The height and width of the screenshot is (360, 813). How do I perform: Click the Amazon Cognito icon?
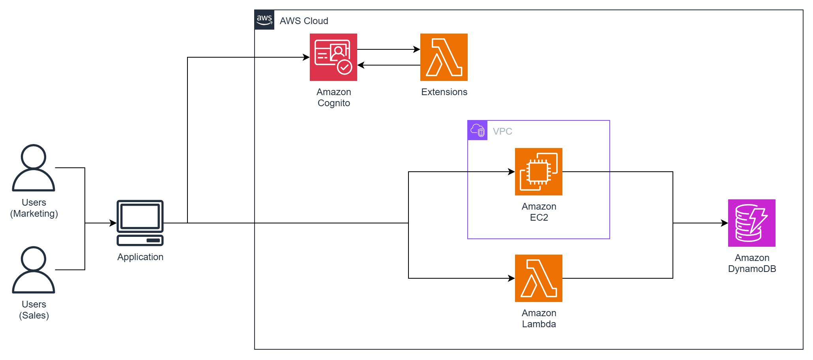click(333, 57)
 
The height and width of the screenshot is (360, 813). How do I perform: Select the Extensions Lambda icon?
click(444, 57)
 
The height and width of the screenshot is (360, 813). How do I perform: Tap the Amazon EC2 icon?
click(539, 172)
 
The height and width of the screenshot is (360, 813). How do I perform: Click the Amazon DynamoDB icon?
click(752, 223)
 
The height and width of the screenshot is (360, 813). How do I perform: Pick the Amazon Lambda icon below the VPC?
click(539, 278)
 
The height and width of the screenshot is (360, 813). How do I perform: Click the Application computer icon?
click(140, 223)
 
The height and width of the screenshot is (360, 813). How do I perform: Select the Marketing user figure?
click(34, 168)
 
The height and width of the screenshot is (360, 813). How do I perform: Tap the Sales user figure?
click(34, 270)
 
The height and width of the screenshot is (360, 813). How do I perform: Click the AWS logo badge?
click(264, 20)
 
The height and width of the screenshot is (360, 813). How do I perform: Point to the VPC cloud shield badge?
click(478, 130)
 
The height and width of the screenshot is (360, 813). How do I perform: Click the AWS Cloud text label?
click(304, 21)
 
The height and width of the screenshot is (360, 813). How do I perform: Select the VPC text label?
click(502, 131)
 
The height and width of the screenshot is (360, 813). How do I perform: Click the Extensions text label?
click(444, 92)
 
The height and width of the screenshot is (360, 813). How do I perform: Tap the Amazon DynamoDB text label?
click(752, 263)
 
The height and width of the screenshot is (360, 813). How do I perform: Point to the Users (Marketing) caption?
click(34, 208)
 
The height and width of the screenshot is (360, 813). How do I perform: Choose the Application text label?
click(140, 257)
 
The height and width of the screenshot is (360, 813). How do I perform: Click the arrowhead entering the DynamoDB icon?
click(725, 223)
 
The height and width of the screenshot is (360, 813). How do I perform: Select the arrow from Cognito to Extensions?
click(389, 49)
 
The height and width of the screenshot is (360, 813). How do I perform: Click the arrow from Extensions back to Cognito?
click(389, 65)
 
